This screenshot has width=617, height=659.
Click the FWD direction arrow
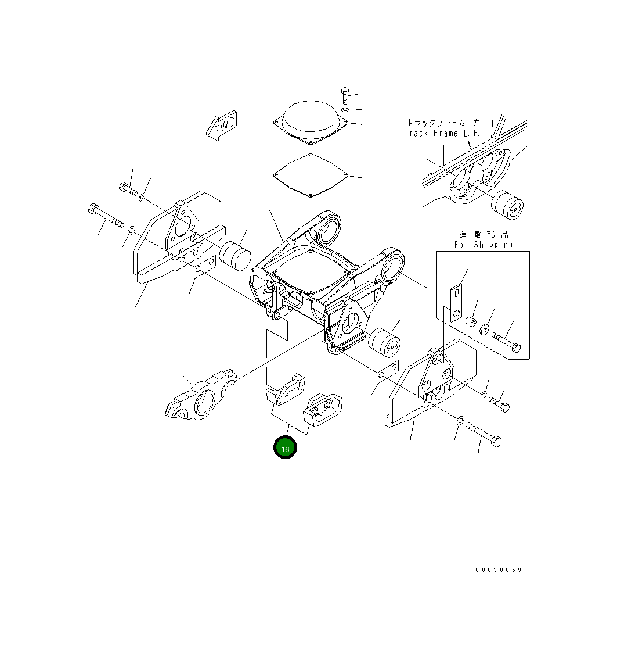pos(222,127)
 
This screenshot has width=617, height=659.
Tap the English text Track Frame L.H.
pos(442,133)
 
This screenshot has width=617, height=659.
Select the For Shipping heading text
pos(483,245)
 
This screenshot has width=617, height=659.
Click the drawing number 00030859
pos(498,570)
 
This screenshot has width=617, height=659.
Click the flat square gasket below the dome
pos(310,174)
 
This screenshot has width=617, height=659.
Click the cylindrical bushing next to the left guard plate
pos(234,256)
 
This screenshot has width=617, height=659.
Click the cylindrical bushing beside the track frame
pos(507,205)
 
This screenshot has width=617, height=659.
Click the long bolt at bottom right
pos(483,435)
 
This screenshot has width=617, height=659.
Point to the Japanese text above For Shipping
pos(483,234)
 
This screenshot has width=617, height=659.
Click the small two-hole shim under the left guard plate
pos(204,270)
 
